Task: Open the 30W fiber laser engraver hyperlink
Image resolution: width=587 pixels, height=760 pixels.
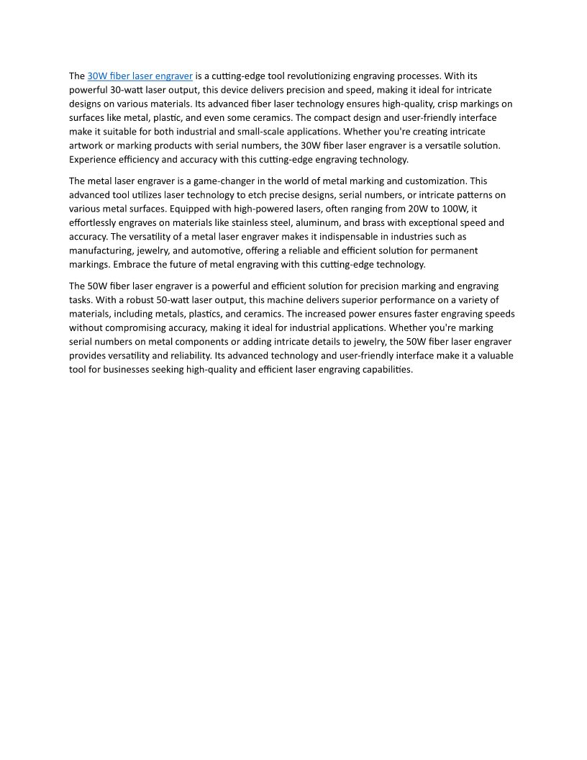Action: coord(140,76)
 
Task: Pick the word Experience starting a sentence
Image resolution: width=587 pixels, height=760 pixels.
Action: coord(92,160)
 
